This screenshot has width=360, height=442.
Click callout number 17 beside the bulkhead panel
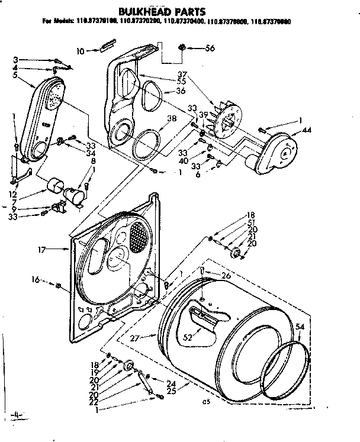tap(41, 250)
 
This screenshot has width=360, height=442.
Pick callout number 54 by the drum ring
tap(300, 326)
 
